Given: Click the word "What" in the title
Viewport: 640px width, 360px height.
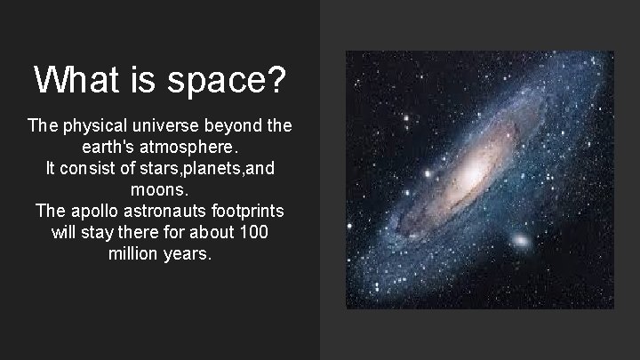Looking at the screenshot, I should coord(76,80).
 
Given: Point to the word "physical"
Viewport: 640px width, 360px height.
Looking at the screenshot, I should coord(97,125).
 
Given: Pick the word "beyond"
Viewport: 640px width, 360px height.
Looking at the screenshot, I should coord(244,125).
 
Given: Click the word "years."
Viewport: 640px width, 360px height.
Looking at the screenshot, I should coord(189,253).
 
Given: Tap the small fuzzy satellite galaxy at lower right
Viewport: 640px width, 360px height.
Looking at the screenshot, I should coord(521,241).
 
